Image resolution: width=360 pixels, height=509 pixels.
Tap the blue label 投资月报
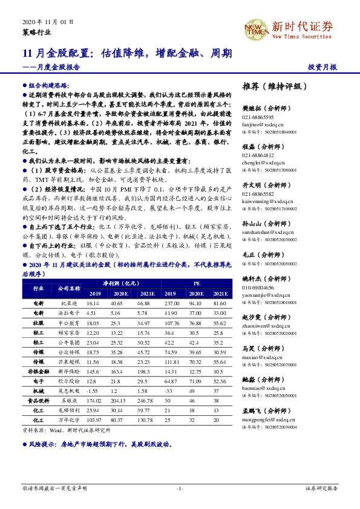[x=322, y=67]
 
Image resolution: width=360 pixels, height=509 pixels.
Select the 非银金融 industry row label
[x=38, y=371]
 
